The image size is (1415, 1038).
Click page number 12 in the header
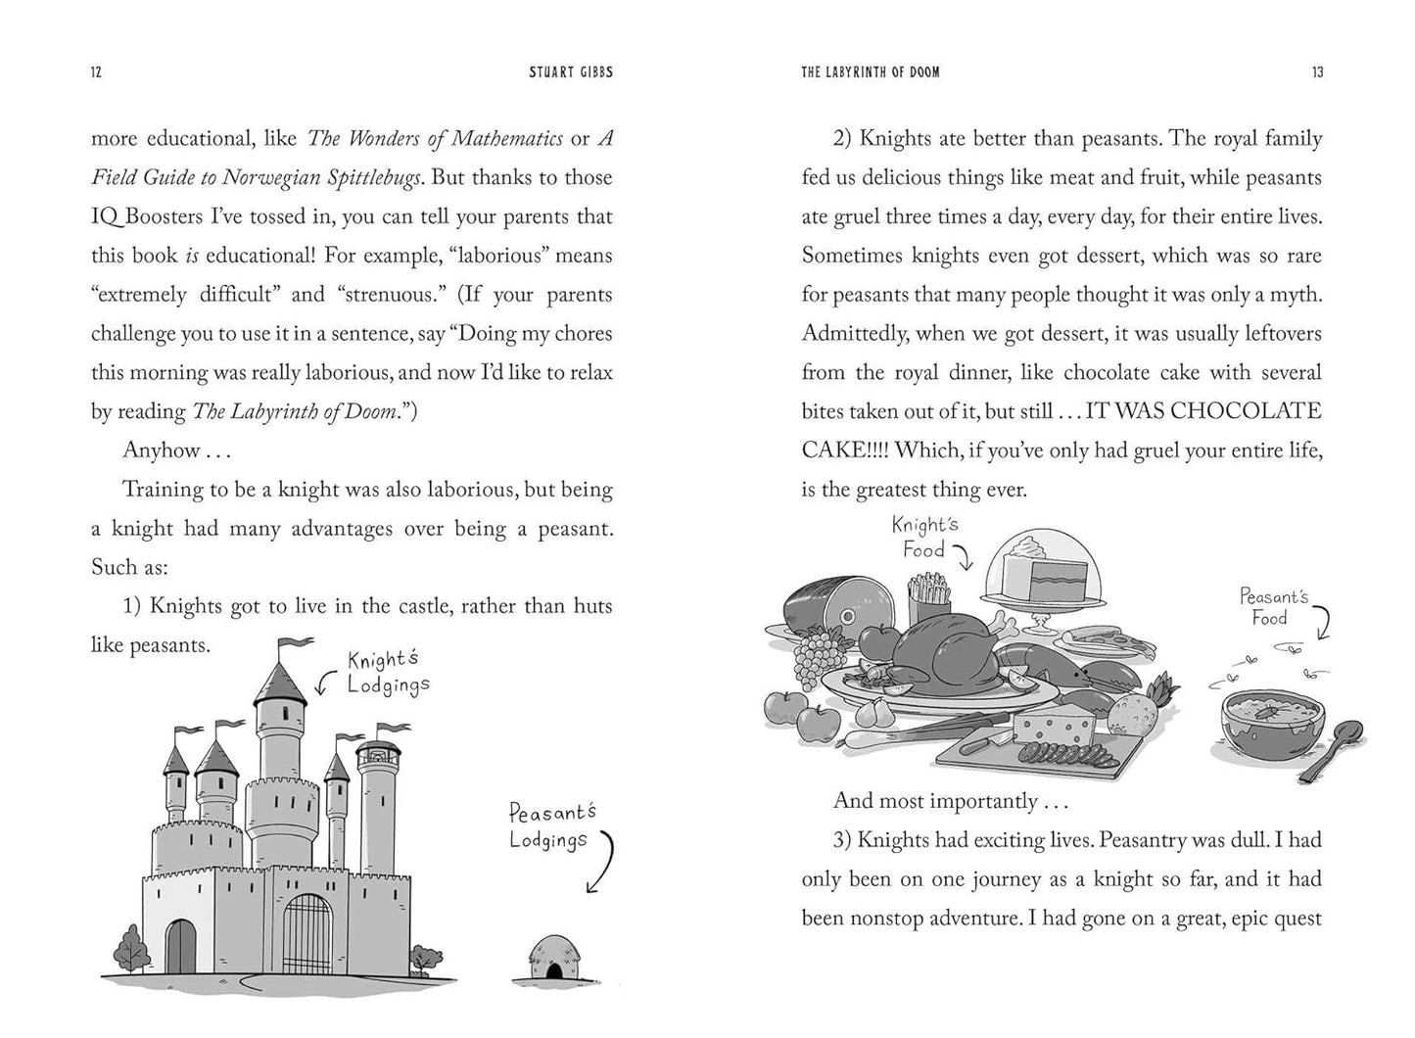pyautogui.click(x=96, y=72)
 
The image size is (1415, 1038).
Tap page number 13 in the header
pyautogui.click(x=1317, y=72)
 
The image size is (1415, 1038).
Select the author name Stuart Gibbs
pyautogui.click(x=571, y=72)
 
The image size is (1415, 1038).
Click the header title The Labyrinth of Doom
pyautogui.click(x=870, y=72)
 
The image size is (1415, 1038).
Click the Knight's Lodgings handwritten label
pyautogui.click(x=388, y=673)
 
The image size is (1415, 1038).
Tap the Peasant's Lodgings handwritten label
pyautogui.click(x=550, y=826)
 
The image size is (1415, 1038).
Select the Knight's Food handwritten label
pyautogui.click(x=923, y=538)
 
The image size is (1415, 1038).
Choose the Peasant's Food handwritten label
pyautogui.click(x=1272, y=606)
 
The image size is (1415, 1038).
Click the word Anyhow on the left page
pyautogui.click(x=162, y=450)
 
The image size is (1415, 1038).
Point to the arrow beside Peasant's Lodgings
pyautogui.click(x=601, y=862)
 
